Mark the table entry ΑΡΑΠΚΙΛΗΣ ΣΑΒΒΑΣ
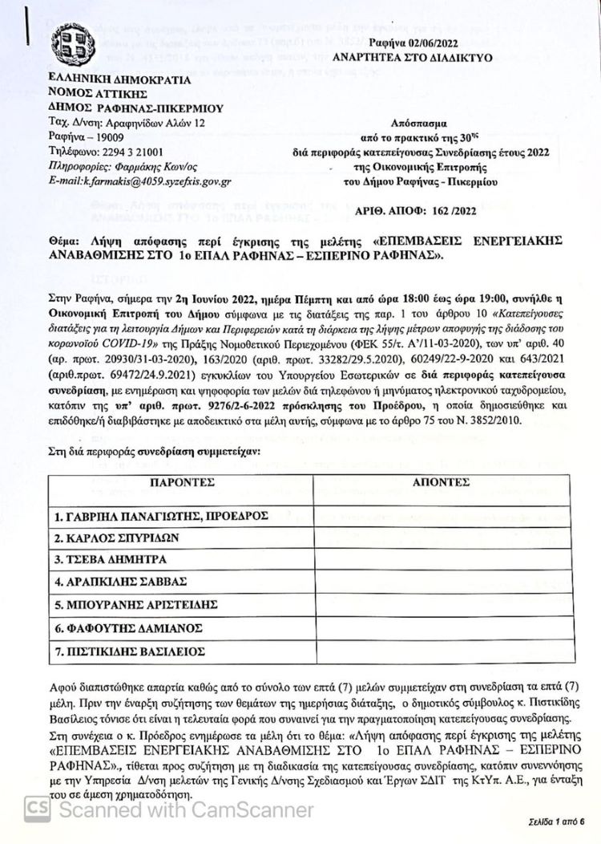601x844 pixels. pyautogui.click(x=120, y=581)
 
